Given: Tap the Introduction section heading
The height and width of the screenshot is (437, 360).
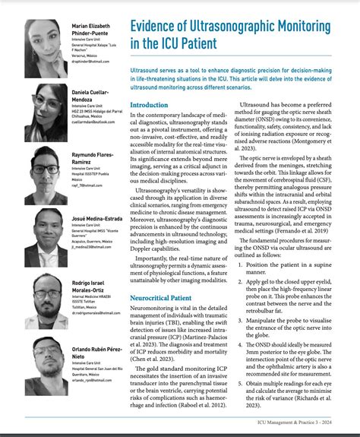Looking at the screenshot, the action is pos(149,105).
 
